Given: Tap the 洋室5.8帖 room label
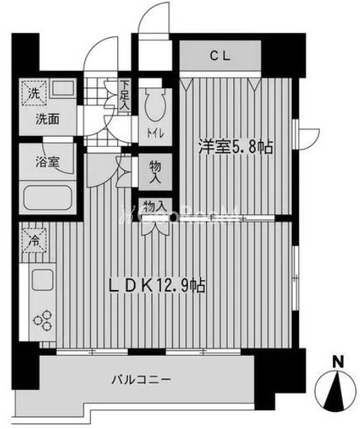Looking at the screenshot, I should click(x=235, y=148).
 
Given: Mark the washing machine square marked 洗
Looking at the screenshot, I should click(x=33, y=92).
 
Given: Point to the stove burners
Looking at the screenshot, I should click(x=42, y=320).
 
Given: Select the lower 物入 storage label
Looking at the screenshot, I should click(x=155, y=207).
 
